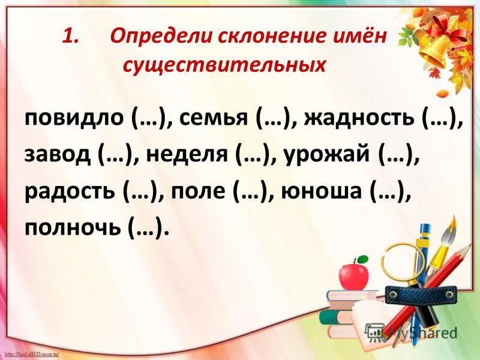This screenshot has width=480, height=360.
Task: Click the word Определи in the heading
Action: tap(157, 37)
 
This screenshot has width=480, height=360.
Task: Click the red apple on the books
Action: tap(353, 275)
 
